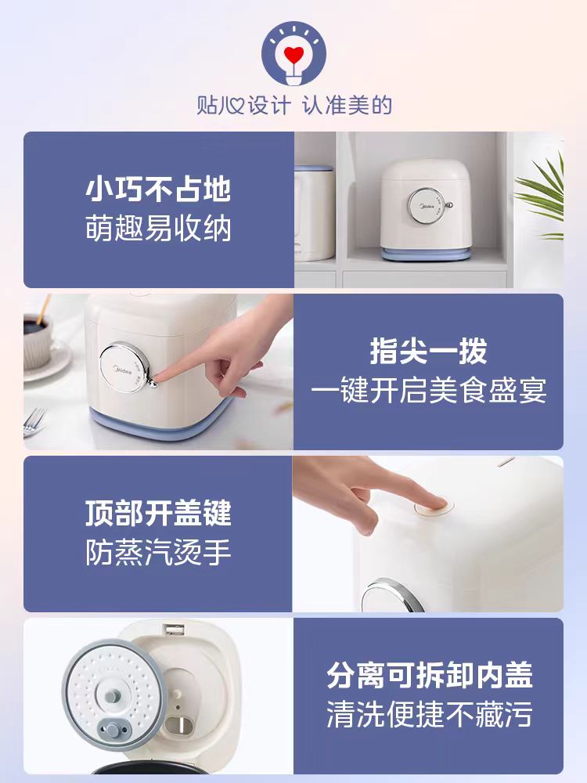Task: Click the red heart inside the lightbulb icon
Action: [293, 54]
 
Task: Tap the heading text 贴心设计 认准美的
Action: [294, 106]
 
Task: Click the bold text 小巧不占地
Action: [158, 189]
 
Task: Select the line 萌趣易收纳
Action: [158, 229]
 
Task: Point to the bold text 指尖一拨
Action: [428, 351]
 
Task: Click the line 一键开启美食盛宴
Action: [428, 391]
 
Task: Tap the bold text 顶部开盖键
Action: [158, 513]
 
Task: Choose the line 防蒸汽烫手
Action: [158, 552]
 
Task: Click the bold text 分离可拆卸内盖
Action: [429, 675]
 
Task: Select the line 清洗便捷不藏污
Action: [429, 715]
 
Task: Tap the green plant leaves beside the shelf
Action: [542, 195]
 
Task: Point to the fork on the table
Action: [34, 422]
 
